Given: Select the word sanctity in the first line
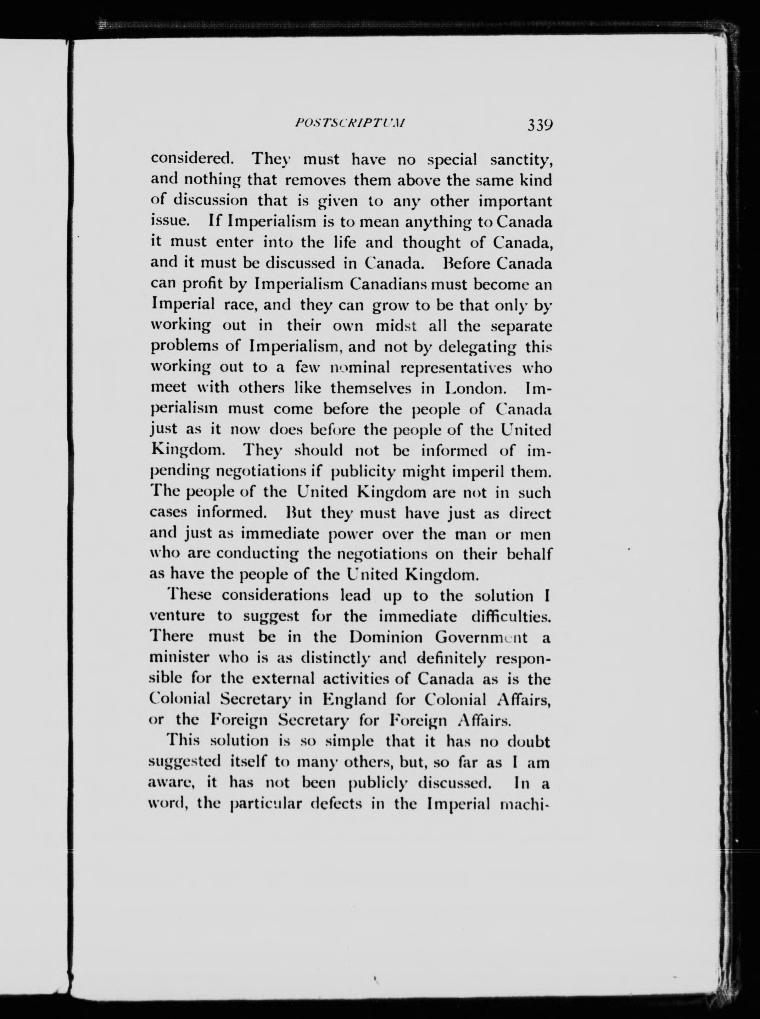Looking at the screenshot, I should click(520, 160).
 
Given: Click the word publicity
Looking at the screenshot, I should click(363, 471).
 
